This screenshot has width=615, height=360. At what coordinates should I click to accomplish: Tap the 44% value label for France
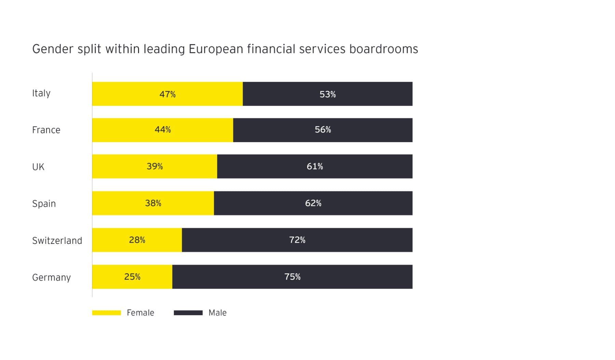pos(163,130)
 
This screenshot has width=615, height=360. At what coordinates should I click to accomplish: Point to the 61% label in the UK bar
pos(315,166)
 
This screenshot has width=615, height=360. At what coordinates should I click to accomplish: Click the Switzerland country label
pos(57,240)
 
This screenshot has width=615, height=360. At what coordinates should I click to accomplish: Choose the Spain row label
pos(44,204)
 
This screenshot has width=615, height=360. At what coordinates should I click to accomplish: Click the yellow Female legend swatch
pos(107,313)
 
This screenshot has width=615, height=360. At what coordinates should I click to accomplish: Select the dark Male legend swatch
pos(188,313)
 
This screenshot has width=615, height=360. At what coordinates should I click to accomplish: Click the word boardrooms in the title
pos(383,49)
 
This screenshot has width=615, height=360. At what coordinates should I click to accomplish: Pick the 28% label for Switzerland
pos(137,240)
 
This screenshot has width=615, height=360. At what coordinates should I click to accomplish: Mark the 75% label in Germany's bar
pos(292,277)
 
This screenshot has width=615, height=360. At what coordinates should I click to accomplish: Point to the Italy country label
pos(41,93)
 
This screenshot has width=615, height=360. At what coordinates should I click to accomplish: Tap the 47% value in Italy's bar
pos(167,94)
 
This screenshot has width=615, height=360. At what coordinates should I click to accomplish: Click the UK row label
pos(38,167)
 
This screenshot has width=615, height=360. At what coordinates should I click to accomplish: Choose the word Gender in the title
pos(53,49)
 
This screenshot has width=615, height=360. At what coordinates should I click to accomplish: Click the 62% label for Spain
pos(313,203)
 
